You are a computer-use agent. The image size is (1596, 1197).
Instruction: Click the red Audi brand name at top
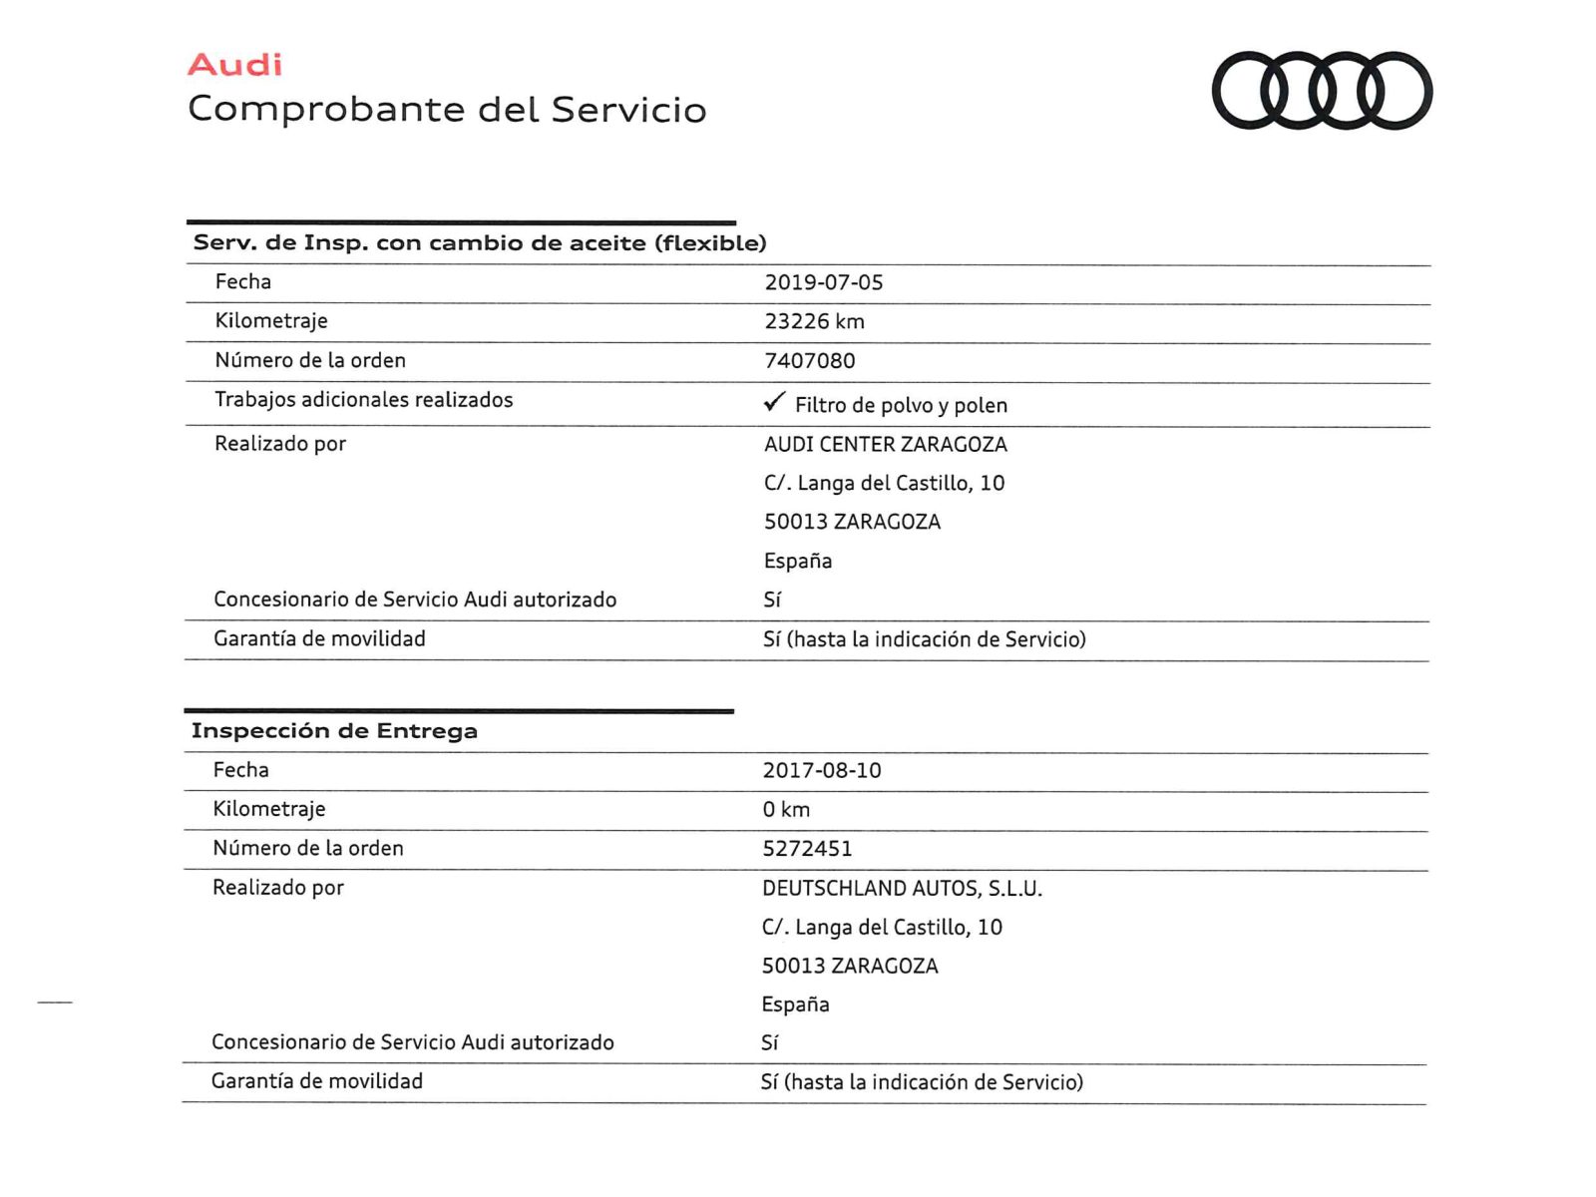click(234, 65)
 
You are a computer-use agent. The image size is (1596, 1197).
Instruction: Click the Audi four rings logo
click(1322, 91)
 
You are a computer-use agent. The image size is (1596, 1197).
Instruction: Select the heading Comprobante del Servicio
click(447, 110)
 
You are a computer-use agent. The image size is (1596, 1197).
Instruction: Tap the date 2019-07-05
click(824, 282)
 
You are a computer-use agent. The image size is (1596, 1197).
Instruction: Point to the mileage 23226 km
click(814, 321)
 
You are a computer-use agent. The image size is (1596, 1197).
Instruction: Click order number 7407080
click(809, 361)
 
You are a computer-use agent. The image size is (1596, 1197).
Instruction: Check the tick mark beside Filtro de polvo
click(774, 402)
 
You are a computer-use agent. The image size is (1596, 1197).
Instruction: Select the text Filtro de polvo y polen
click(901, 405)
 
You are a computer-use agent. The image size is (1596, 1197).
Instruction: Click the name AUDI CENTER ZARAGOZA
click(886, 444)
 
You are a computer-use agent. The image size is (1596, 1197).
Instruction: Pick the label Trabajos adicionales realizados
click(363, 400)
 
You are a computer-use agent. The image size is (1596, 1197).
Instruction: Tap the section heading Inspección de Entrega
click(334, 731)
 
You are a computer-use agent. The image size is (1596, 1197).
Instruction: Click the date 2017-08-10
click(822, 770)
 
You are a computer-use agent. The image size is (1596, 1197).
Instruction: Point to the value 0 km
click(786, 809)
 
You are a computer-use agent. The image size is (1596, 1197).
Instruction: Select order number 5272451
click(807, 849)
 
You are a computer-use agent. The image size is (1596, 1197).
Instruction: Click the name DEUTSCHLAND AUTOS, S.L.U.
click(902, 888)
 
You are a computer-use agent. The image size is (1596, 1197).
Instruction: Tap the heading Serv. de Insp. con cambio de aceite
click(480, 243)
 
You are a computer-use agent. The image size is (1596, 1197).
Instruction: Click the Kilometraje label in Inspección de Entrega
click(268, 809)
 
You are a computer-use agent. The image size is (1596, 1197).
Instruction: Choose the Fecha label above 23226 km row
click(242, 282)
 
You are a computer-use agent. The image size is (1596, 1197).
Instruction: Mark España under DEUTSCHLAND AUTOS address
click(795, 1004)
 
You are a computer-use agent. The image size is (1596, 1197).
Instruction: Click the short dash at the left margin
click(55, 1001)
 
